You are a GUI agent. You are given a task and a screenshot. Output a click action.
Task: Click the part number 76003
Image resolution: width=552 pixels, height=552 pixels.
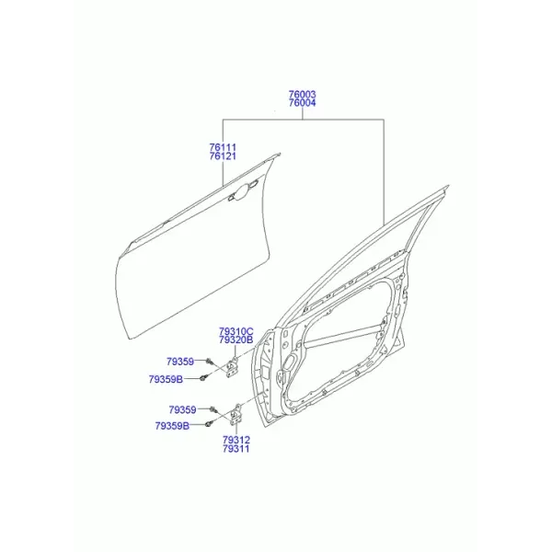pos(302,95)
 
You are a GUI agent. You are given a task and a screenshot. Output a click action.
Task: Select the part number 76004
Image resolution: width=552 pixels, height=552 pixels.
pos(302,103)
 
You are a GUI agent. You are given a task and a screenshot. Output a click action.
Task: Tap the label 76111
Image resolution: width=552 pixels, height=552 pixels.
pos(223,147)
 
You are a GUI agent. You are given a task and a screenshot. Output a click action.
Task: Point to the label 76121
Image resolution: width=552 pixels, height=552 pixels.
pos(223,156)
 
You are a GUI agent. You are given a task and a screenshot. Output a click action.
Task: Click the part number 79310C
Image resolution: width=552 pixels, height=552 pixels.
pos(236,331)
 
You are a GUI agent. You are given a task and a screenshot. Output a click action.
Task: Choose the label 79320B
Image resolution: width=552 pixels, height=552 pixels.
pos(236,340)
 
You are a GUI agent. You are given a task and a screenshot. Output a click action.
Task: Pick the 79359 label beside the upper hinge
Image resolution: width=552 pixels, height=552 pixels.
pos(180,362)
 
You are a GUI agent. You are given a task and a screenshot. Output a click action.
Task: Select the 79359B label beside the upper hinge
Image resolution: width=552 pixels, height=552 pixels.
pos(166,379)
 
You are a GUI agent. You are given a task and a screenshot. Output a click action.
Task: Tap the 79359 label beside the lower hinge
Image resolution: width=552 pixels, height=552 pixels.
pos(182,409)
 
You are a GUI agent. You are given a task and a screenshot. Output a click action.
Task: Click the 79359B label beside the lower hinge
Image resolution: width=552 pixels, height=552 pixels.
pos(172,426)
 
